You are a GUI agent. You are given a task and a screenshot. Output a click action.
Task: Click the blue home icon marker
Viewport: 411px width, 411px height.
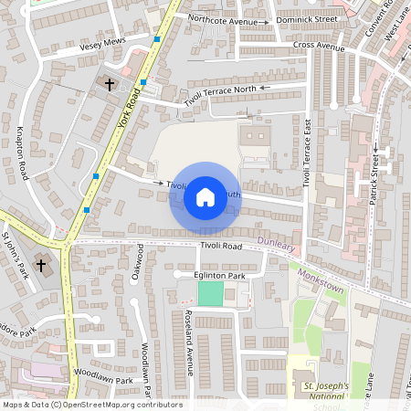[205, 196]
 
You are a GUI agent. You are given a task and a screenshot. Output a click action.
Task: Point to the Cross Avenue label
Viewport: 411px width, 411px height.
[319, 45]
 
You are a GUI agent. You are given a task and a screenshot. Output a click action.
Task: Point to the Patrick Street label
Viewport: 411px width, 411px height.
[374, 179]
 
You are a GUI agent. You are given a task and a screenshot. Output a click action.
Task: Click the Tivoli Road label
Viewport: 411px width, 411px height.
[221, 247]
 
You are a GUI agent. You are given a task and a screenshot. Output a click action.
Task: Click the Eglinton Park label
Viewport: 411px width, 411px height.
[219, 275]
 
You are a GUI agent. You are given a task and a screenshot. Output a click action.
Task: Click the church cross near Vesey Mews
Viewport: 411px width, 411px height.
[110, 84]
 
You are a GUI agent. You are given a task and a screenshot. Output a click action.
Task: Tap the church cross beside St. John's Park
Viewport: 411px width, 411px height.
[40, 266]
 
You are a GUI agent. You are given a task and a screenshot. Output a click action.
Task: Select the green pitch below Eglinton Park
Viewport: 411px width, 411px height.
[210, 293]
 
